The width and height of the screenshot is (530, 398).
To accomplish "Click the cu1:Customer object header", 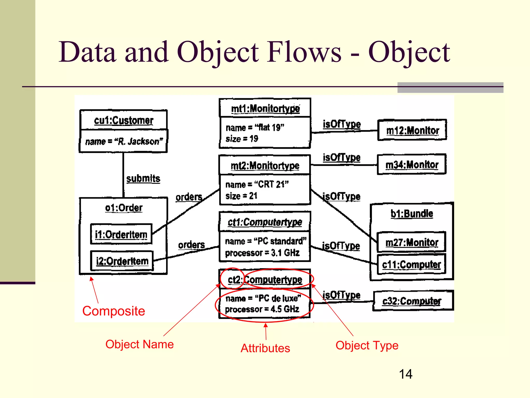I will coord(123,120).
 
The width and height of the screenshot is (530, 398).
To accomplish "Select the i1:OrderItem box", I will coord(121,234).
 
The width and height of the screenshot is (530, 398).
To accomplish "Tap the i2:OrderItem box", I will coord(122,261).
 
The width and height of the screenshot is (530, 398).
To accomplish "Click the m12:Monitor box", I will coord(412,130).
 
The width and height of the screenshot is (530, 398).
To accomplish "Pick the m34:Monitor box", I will coord(412,165).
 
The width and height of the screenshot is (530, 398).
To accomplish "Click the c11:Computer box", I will coord(411,265).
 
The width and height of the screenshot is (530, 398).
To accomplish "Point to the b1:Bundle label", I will coord(411,214).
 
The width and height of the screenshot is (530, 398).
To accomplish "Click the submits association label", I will coord(143,179).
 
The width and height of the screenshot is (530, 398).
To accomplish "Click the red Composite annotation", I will coord(114,311).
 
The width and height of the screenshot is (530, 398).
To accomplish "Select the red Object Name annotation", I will coord(139,344).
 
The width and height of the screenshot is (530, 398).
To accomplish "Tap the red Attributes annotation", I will coord(265,348).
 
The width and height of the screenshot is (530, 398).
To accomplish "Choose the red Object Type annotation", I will coord(367,345).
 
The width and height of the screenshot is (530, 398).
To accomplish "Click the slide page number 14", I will coord(406,374).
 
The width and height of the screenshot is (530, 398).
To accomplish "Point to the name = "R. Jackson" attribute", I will coord(124,141).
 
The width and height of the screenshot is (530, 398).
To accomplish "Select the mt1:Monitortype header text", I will coord(265,109).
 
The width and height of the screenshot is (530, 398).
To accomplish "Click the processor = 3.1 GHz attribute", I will coord(262,253).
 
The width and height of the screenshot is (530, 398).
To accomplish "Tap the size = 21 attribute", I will coord(241,196).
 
